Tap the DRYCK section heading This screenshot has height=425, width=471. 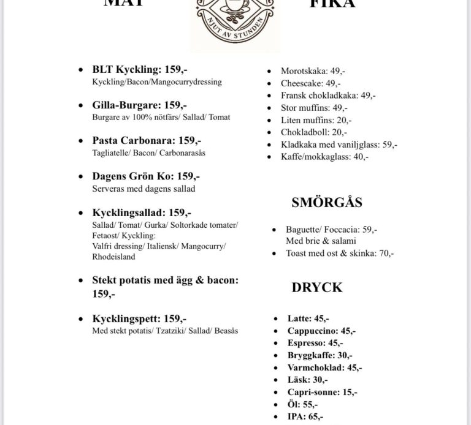coord(317,287)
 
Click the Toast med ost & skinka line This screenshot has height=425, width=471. coord(340,252)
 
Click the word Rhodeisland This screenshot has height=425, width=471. coord(113,257)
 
